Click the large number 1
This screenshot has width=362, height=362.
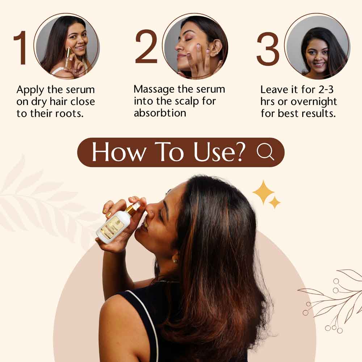click(21, 48)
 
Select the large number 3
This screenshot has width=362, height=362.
click(268, 49)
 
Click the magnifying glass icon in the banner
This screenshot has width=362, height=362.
click(266, 152)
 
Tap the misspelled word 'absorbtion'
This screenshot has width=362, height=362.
click(160, 113)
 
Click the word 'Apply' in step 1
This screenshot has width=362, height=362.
click(30, 90)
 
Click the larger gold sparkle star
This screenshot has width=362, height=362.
click(263, 192)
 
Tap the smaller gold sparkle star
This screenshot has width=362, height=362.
click(275, 202)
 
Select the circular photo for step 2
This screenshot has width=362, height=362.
click(195, 46)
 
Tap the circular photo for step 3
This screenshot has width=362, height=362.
click(317, 46)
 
